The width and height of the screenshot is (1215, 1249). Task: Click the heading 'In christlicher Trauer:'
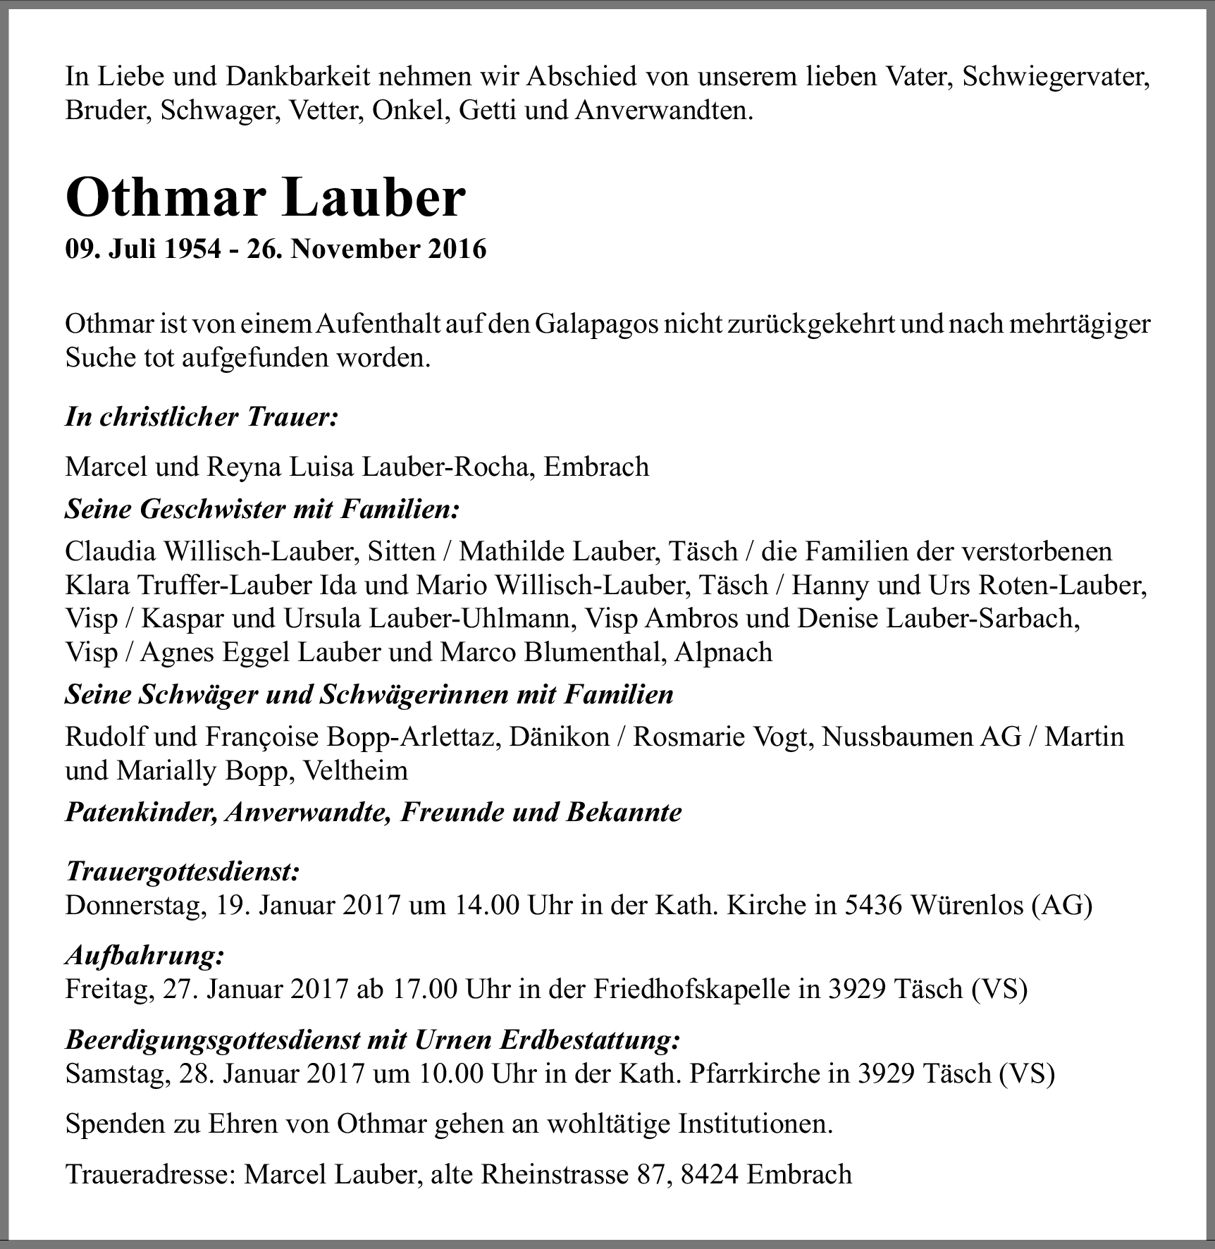(x=202, y=417)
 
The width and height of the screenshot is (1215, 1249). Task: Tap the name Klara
(x=97, y=584)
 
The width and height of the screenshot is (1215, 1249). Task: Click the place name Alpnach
(x=723, y=652)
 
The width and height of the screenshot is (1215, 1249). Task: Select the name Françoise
(x=252, y=737)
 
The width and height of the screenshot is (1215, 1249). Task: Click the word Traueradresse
(x=149, y=1174)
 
